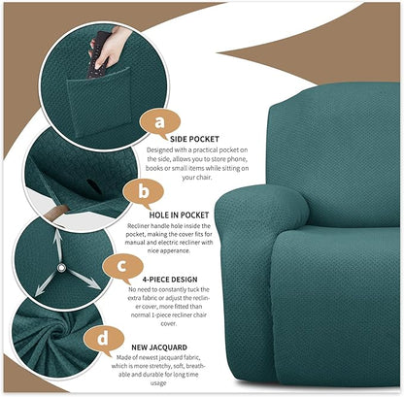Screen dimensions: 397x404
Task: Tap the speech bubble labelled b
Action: pos(144,190)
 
